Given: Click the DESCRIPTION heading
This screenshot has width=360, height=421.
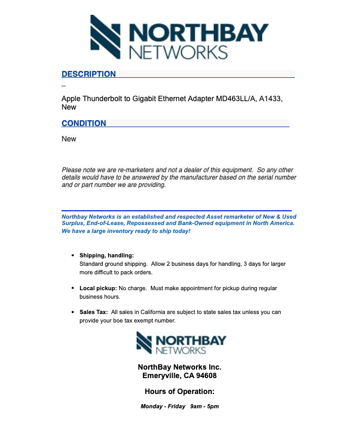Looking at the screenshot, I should pos(88,74).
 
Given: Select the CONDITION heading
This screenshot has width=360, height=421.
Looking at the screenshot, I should pos(84,123).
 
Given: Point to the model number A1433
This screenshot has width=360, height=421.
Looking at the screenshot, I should pos(271,98).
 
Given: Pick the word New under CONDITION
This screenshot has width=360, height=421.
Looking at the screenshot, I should pos(69,139).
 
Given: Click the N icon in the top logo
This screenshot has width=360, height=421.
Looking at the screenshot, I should pos(106,36).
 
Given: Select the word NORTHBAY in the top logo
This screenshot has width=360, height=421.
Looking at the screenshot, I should pos(199,33).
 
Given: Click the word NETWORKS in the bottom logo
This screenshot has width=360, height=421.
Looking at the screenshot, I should pos(180,350).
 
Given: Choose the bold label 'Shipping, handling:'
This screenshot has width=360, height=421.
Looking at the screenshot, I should pos(106,255).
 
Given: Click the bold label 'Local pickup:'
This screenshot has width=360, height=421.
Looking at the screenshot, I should pos(98,288).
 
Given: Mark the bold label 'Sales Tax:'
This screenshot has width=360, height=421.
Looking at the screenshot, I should pos(93,312).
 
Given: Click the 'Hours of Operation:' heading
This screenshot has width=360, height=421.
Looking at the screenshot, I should pos(179,392).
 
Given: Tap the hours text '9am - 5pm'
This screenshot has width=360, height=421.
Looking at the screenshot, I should pos(204,407).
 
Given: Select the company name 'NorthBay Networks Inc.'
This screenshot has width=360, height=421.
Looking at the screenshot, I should pos(179,367).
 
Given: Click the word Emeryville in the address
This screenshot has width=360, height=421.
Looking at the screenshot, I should pos(162,376).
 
